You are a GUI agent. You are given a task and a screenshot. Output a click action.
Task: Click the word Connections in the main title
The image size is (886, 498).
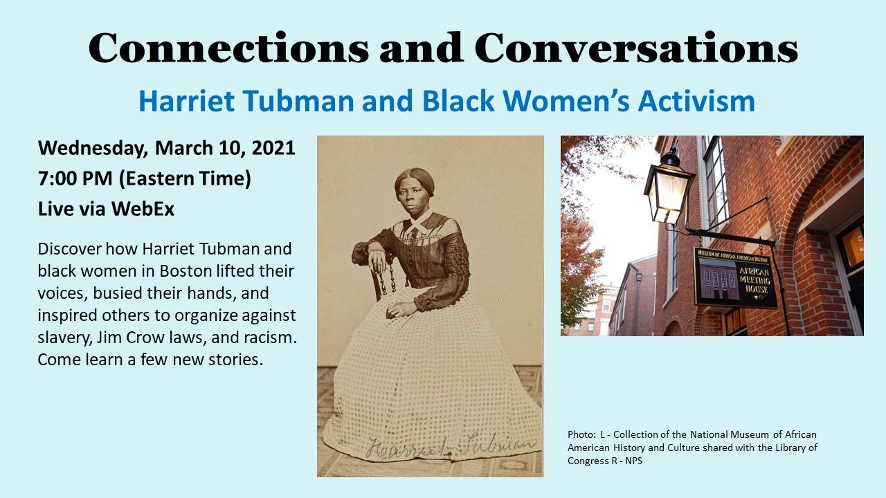tap(228, 48)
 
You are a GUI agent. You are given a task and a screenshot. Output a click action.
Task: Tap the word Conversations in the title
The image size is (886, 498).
tap(636, 48)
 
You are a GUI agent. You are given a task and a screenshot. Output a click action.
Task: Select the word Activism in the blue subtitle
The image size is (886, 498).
tap(696, 101)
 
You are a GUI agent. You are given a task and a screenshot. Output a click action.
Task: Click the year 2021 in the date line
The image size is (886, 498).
tap(273, 148)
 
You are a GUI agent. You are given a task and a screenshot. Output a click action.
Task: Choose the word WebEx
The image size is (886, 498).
tap(143, 209)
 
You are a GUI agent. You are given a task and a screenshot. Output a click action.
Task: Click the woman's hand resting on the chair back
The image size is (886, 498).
tap(377, 261)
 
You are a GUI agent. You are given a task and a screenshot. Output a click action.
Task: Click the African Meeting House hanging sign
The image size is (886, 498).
tap(735, 277)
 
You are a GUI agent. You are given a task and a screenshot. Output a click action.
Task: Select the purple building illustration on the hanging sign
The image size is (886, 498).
tap(718, 279)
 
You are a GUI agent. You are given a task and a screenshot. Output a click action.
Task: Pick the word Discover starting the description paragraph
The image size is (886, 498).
tap(69, 249)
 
